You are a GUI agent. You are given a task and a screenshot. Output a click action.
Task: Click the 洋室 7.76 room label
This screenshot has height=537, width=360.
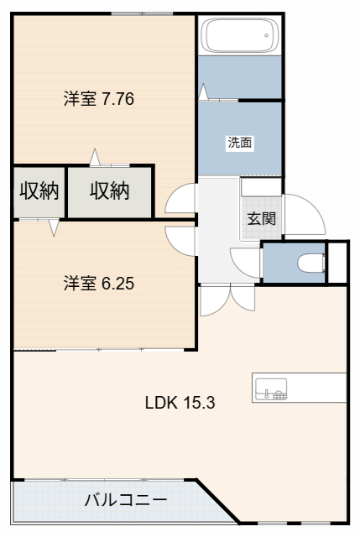click(99, 99)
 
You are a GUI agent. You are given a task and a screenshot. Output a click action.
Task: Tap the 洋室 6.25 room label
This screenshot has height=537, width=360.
click(99, 284)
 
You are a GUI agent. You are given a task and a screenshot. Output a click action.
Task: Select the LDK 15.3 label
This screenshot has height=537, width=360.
click(180, 403)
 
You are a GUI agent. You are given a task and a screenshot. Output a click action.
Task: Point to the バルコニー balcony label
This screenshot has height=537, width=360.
click(125, 500)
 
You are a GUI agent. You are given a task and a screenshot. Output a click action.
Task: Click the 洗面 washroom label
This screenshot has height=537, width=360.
click(240, 142)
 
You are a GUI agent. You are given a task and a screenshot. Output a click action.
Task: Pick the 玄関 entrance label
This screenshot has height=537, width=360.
click(261, 218)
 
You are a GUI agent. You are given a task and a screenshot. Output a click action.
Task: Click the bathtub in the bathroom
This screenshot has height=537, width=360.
click(239, 35)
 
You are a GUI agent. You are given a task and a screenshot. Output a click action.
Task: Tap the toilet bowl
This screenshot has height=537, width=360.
click(311, 263)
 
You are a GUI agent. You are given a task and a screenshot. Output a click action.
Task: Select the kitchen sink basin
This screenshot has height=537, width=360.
click(271, 389)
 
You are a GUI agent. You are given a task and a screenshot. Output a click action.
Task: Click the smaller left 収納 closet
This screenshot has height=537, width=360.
click(39, 192)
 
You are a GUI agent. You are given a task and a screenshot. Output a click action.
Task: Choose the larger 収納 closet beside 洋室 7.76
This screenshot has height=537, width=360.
click(110, 192)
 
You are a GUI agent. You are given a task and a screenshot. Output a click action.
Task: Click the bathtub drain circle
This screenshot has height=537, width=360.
click(267, 35)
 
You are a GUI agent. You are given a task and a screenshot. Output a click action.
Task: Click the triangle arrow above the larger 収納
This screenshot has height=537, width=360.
click(95, 158)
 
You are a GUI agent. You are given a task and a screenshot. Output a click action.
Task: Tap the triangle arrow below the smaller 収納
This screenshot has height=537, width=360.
click(54, 227)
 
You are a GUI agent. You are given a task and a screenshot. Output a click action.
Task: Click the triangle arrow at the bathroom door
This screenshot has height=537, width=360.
click(203, 91)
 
